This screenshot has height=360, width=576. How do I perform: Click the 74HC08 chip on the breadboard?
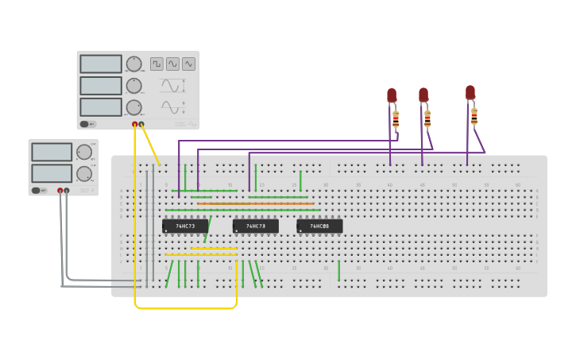tap(319, 226)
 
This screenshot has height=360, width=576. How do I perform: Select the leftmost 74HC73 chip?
tap(185, 226)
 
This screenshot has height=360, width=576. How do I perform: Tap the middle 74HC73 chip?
tap(255, 226)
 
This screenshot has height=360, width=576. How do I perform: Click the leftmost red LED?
tap(392, 95)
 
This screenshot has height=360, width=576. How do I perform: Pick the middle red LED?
tap(423, 95)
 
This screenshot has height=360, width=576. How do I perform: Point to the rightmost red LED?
tap(470, 92)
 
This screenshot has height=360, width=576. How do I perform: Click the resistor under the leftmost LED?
tap(396, 119)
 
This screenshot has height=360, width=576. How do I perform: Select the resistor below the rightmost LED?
tap(474, 117)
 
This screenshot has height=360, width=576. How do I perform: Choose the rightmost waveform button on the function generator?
tap(188, 64)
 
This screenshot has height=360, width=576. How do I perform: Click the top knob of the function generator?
tap(133, 64)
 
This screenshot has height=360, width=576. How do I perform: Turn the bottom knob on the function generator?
tap(133, 106)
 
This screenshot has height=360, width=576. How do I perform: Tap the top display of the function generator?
tap(101, 64)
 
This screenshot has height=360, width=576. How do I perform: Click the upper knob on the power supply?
tap(83, 152)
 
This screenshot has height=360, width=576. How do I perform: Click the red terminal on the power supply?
tap(60, 191)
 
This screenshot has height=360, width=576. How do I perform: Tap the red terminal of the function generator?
tap(135, 124)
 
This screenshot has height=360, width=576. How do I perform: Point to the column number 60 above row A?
tap(518, 185)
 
